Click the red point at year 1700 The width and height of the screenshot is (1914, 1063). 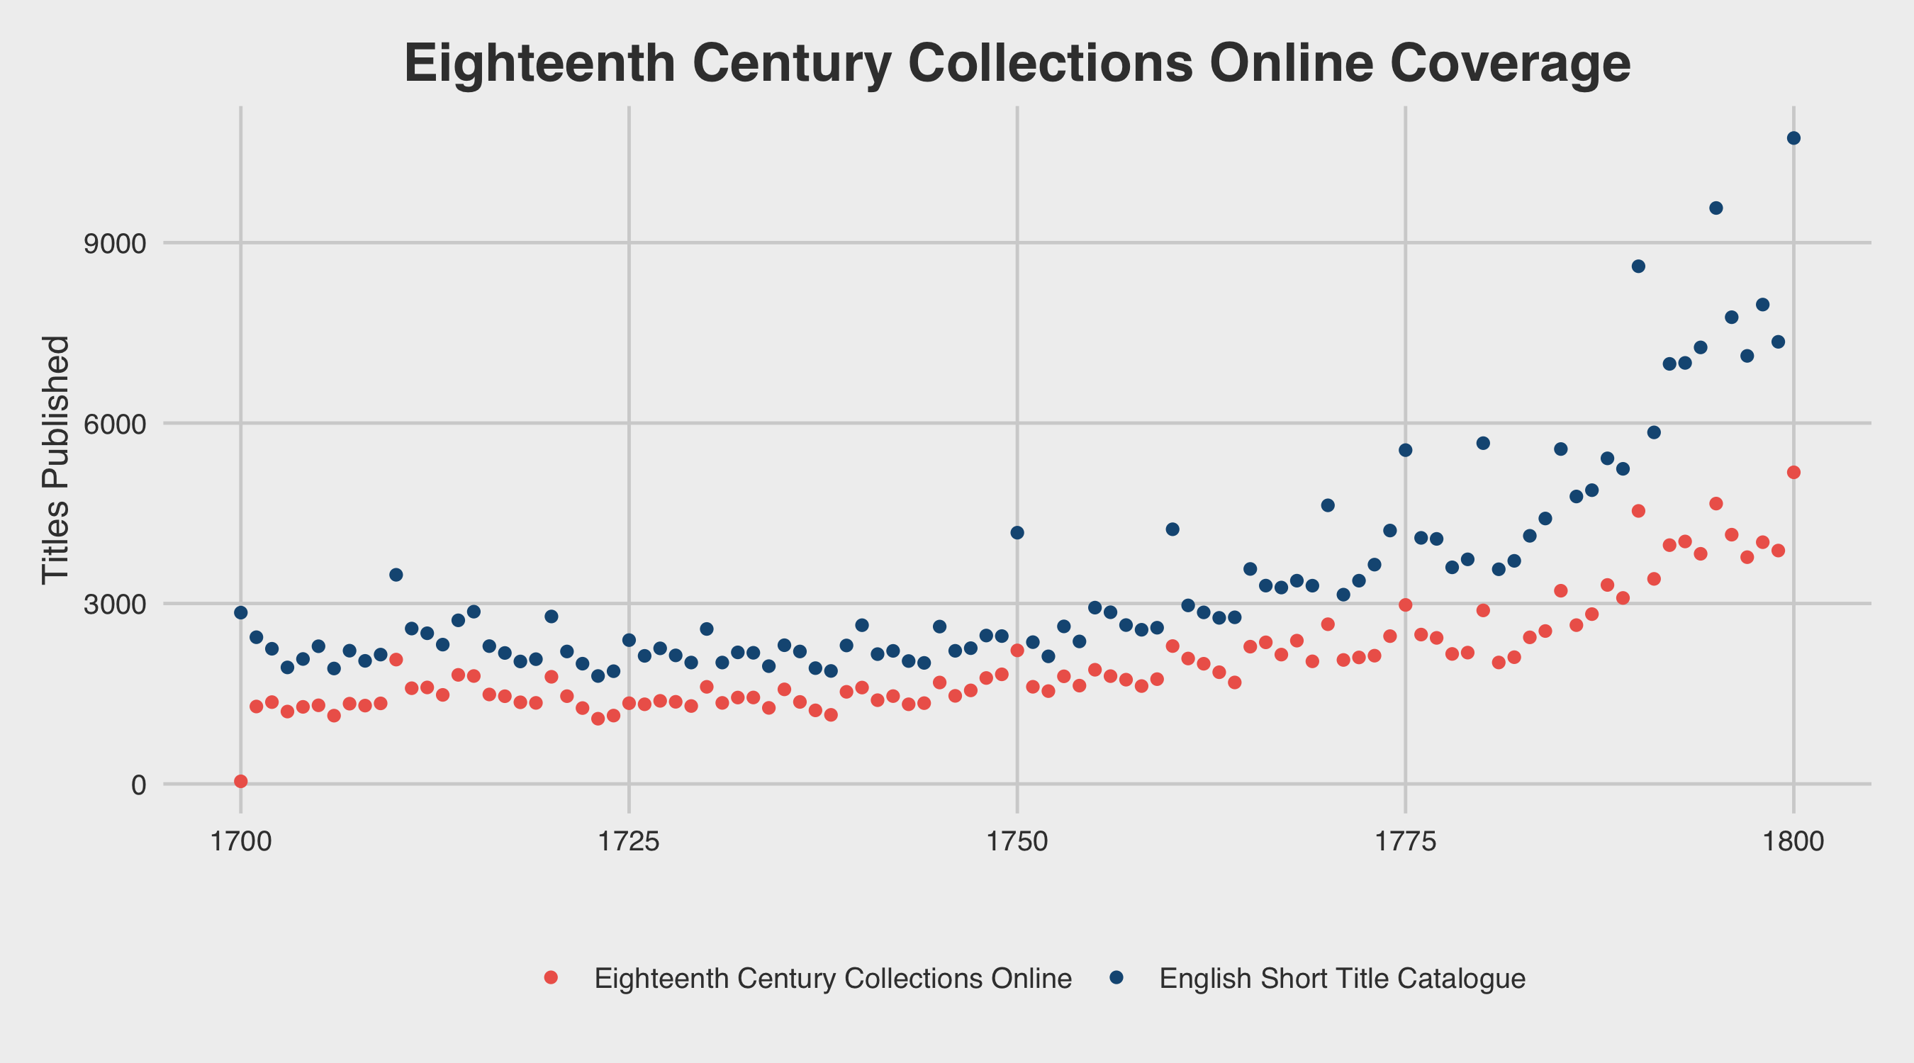(241, 782)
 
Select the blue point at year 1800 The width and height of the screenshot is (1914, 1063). (1793, 138)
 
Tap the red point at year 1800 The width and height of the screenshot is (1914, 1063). (1793, 473)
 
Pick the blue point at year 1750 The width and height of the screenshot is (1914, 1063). (1017, 533)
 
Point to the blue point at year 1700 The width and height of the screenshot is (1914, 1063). (241, 613)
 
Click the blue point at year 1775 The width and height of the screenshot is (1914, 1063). (1405, 450)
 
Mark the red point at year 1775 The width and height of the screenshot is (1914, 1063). (1405, 604)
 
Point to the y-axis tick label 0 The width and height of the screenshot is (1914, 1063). (138, 785)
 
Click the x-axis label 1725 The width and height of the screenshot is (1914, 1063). (629, 843)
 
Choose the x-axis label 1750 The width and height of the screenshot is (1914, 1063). (1017, 843)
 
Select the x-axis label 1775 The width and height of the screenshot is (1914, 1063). (1405, 843)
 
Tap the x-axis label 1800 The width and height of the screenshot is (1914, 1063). (1793, 843)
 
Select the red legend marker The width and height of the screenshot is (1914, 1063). (551, 977)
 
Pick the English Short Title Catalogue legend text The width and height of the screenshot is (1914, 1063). (1342, 979)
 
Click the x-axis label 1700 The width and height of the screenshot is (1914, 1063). (241, 843)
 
